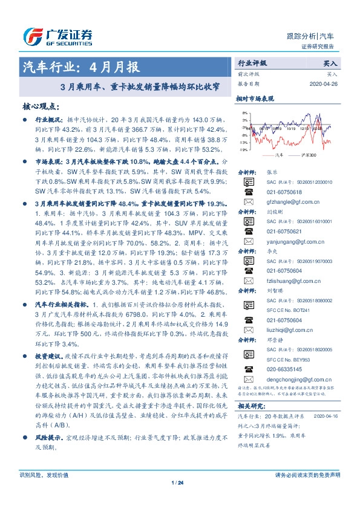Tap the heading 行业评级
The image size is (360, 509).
pyautogui.click(x=252, y=62)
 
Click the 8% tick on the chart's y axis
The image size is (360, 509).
pyautogui.click(x=243, y=113)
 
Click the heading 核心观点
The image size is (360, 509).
pyautogui.click(x=39, y=106)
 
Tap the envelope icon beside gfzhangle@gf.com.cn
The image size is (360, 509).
pyautogui.click(x=249, y=202)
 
